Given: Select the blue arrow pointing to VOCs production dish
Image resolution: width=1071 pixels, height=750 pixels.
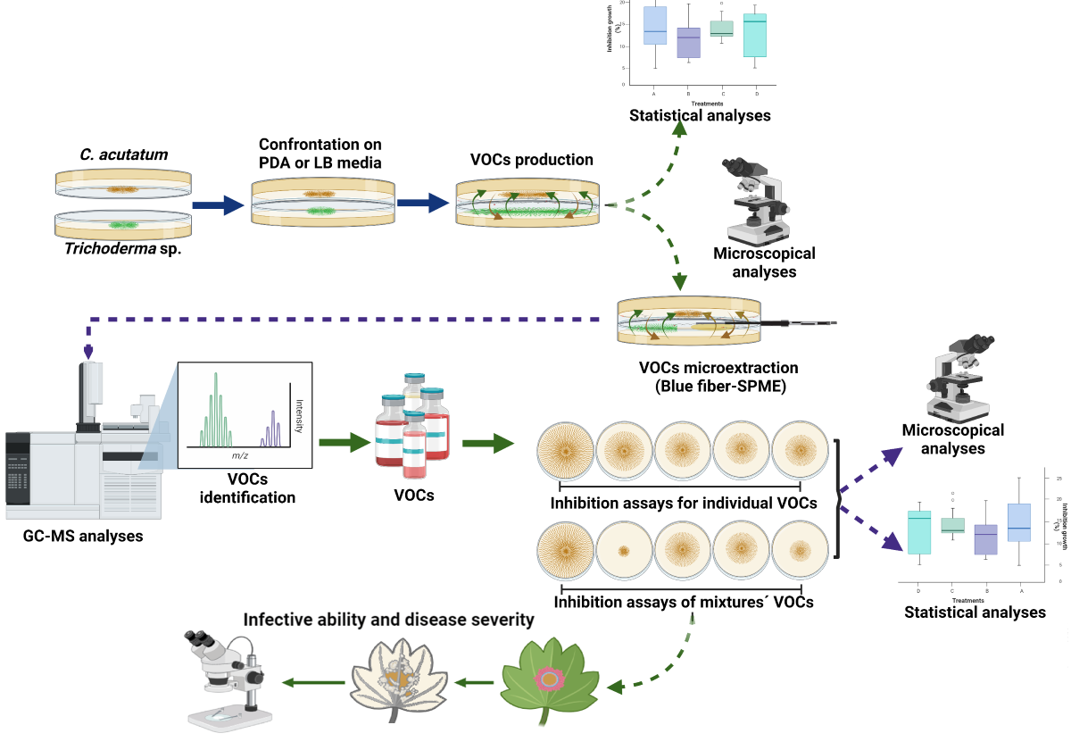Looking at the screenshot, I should click(422, 205).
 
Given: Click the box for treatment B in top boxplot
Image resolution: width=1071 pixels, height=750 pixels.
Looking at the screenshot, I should click(688, 44).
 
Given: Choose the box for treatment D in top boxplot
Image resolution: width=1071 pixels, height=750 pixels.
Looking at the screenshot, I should click(756, 36).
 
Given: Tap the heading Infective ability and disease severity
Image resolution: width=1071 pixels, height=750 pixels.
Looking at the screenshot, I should click(388, 619).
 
